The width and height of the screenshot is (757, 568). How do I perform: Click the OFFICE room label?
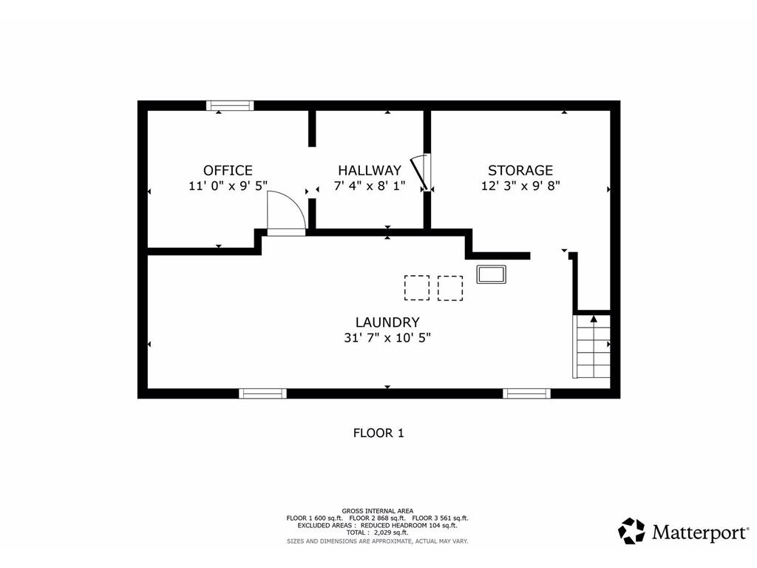[x=228, y=171]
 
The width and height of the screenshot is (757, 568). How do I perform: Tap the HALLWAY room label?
[x=370, y=171]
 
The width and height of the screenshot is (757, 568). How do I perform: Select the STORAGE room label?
[x=520, y=171]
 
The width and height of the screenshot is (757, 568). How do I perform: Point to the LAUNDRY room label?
[x=387, y=322]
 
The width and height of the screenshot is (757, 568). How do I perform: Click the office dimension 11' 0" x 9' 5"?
[x=228, y=186]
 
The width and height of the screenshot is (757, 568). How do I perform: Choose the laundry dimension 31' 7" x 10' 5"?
[x=387, y=337]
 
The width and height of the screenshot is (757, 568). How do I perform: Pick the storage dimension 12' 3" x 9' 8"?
[x=520, y=186]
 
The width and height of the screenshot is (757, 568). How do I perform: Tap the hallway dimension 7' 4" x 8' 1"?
[x=370, y=186]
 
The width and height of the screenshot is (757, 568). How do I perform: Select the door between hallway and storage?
[x=420, y=172]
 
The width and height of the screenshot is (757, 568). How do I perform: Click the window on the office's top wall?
[x=230, y=106]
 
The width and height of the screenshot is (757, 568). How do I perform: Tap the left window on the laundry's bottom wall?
[x=262, y=393]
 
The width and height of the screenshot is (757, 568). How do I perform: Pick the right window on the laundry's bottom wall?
[x=526, y=393]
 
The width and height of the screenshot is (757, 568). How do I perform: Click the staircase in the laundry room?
[x=591, y=346]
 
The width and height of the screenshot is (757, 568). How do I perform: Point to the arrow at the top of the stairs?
[x=594, y=319]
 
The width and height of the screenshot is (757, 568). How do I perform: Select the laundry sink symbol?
[x=491, y=274]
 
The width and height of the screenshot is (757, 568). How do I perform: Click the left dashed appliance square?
[x=417, y=288]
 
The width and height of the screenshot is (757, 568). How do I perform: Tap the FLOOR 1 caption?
[x=378, y=433]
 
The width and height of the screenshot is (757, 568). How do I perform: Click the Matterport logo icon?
[x=631, y=531]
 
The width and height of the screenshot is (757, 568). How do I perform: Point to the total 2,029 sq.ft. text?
[x=377, y=532]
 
